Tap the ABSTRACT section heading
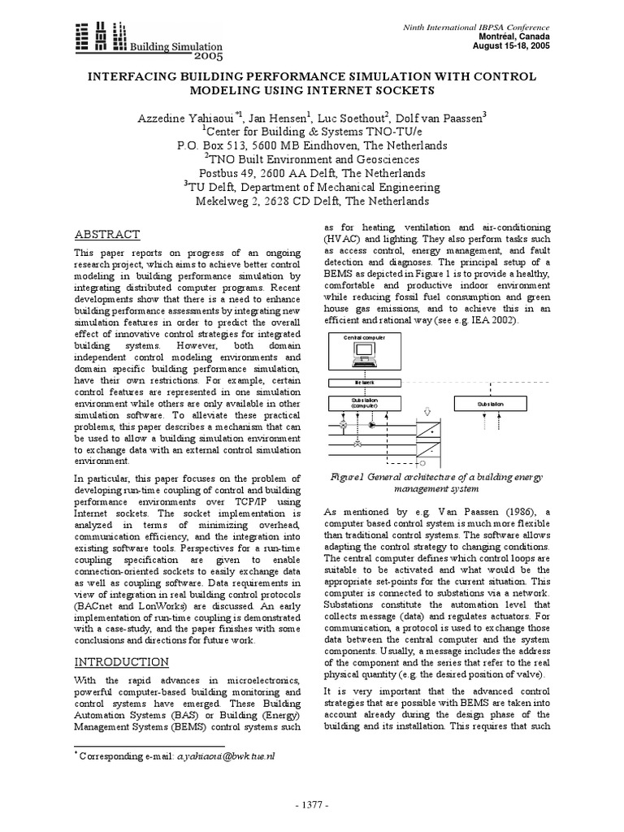(x=107, y=234)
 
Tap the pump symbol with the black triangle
(x=372, y=425)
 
